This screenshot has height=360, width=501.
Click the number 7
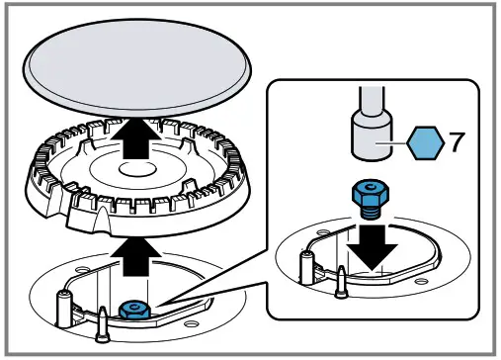(457, 141)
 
